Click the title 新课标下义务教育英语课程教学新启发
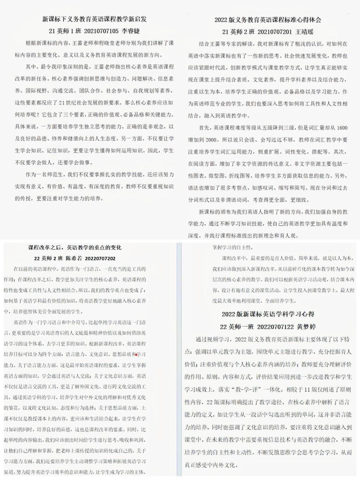[94, 19]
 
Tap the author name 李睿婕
[131, 31]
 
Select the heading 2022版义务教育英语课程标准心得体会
[268, 20]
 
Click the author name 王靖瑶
[304, 32]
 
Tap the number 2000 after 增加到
[211, 140]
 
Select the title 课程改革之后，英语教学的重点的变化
[75, 248]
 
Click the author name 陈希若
[74, 258]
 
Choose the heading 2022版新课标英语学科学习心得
[268, 314]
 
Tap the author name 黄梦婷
[306, 327]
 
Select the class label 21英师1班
[65, 31]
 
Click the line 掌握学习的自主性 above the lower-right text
[232, 248]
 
